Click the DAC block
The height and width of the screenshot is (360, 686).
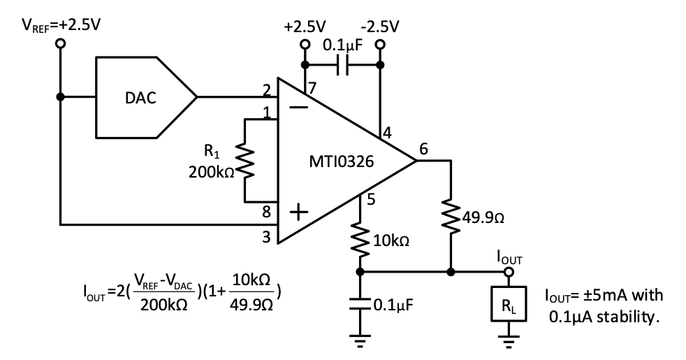(x=143, y=99)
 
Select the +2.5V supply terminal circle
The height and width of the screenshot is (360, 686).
(x=305, y=43)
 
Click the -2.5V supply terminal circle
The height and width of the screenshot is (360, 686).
(x=379, y=43)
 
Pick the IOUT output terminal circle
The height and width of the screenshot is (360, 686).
(x=508, y=271)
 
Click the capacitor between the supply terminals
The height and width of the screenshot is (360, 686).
(x=342, y=66)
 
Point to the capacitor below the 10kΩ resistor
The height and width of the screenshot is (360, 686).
(x=360, y=305)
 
